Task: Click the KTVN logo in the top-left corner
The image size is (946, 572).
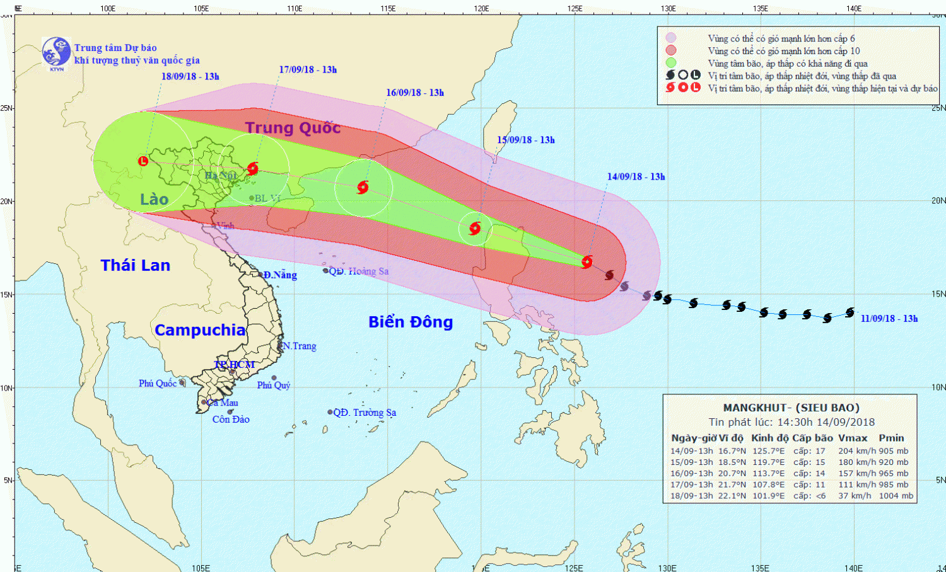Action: coord(56,52)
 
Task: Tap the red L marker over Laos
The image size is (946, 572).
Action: coord(143,161)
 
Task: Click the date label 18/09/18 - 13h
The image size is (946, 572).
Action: coord(190,77)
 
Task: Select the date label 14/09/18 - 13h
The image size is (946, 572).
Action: coord(636,177)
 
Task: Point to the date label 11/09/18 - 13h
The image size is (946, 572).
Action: coord(889,319)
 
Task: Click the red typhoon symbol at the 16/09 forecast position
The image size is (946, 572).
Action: coord(363,187)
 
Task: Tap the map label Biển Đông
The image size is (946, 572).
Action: coord(411,322)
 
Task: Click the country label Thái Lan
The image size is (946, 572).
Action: coord(136,265)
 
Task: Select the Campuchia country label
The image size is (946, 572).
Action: coord(200,330)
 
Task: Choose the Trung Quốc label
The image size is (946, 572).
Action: coord(293,128)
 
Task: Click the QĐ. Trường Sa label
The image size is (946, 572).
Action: coord(365,413)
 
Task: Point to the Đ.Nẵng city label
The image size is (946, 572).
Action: coord(280,275)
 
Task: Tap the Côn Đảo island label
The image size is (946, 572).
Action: coord(231,420)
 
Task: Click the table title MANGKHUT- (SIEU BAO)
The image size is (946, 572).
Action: coord(791,408)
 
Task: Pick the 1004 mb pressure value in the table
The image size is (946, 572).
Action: coord(896,496)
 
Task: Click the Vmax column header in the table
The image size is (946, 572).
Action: coord(852,438)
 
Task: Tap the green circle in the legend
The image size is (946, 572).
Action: coord(670,63)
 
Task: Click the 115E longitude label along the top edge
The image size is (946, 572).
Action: coord(388,8)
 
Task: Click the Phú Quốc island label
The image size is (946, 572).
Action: coord(157,383)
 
